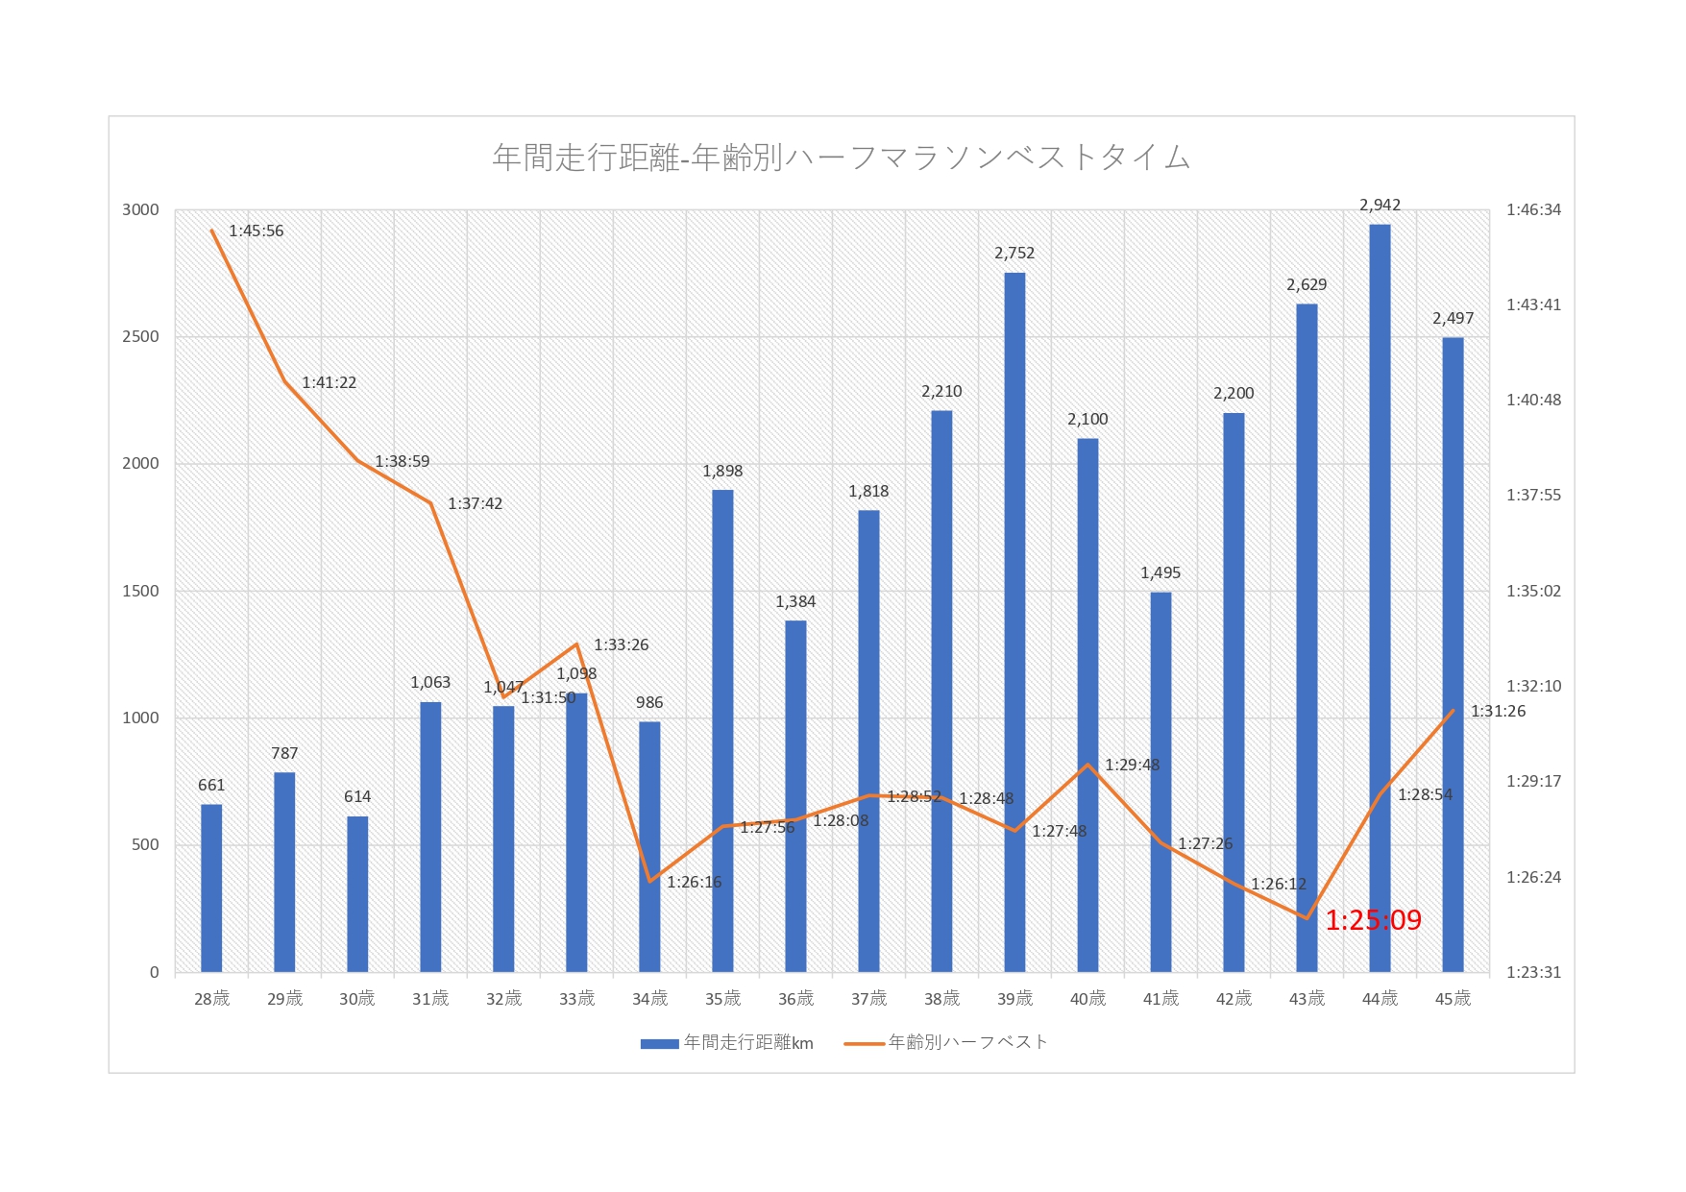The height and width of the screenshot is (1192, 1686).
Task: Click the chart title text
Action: [841, 158]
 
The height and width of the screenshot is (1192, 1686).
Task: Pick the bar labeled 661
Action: [211, 888]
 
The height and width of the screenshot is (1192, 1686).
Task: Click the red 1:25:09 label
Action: [1373, 920]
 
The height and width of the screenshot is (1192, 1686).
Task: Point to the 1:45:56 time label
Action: [257, 231]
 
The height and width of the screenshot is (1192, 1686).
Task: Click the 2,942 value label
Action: [1380, 206]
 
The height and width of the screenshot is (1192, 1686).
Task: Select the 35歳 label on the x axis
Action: [722, 999]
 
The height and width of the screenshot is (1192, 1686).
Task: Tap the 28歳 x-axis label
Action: [211, 999]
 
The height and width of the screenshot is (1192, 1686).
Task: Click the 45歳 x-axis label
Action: [1453, 999]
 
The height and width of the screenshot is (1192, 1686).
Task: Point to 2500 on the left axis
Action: [140, 337]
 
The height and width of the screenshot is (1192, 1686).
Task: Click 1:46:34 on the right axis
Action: [1533, 210]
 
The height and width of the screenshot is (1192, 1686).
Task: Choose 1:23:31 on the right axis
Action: [1533, 972]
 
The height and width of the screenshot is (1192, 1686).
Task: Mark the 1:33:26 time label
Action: [621, 645]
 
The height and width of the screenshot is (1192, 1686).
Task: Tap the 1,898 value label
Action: [722, 471]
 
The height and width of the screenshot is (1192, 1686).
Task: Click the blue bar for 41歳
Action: [1161, 782]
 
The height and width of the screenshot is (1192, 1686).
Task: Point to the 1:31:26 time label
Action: [1498, 712]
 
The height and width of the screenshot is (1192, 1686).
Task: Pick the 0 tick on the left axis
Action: [154, 972]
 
